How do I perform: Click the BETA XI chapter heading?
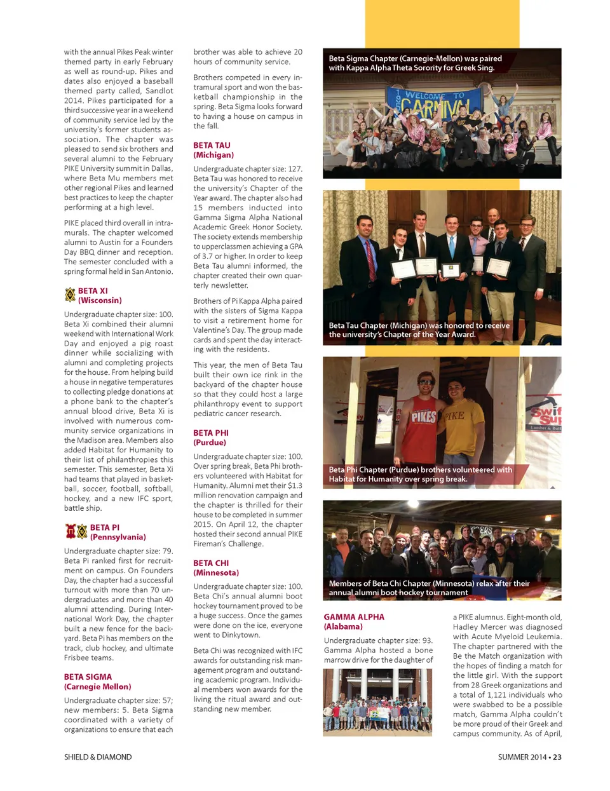click(x=93, y=291)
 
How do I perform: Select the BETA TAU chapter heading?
click(x=212, y=145)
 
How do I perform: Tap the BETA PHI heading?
click(x=211, y=433)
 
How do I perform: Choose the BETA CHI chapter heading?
click(x=211, y=563)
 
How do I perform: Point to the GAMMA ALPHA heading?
click(x=354, y=617)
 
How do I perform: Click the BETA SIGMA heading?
click(x=88, y=677)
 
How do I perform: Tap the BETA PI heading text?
click(x=105, y=527)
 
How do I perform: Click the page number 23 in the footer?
click(x=557, y=757)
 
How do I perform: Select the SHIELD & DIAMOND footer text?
click(x=98, y=757)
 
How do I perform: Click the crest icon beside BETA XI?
click(x=70, y=295)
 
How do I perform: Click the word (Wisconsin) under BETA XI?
click(x=100, y=301)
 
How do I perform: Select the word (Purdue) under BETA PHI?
click(x=210, y=442)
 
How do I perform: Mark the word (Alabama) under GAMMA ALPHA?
click(x=343, y=626)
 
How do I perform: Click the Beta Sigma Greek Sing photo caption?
click(x=415, y=63)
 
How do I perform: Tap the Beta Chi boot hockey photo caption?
click(x=429, y=588)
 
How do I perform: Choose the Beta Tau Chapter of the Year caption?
click(x=419, y=330)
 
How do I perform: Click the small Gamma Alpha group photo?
click(x=377, y=702)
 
